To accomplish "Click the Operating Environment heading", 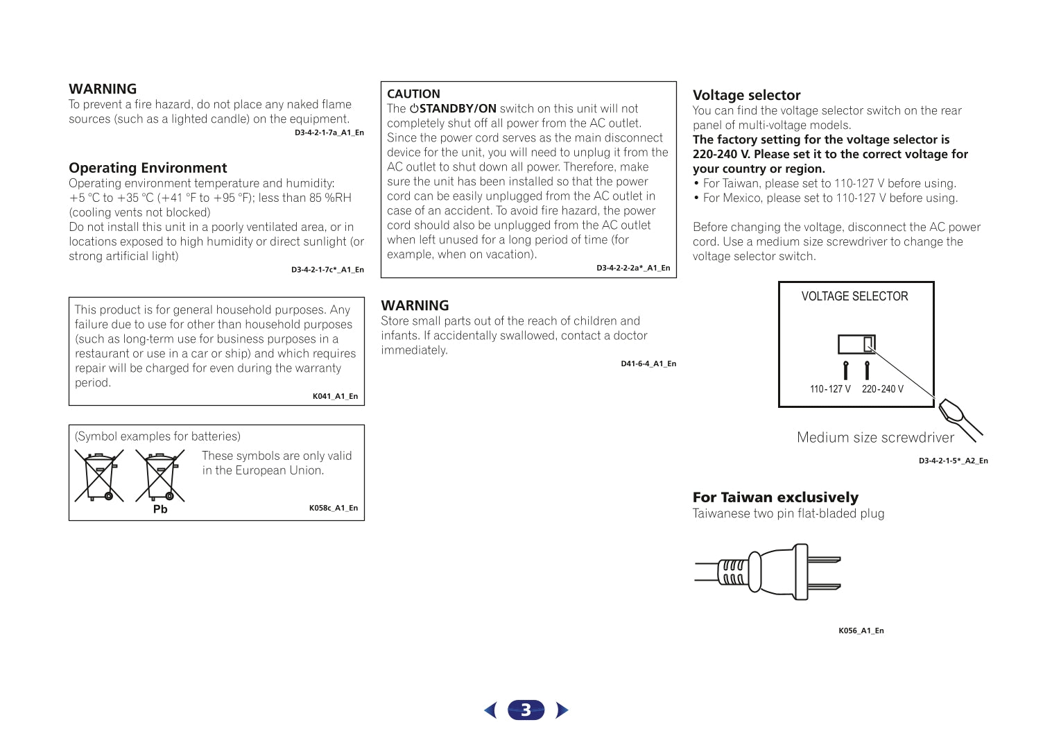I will point(148,168).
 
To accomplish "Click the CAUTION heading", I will point(413,94).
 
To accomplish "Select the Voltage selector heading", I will point(746,95).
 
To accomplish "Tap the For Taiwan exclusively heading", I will point(775,497).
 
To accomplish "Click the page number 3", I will point(526,710).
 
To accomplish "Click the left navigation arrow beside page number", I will point(491,710).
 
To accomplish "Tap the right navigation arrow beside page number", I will point(562,710).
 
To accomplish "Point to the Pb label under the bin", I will point(160,509).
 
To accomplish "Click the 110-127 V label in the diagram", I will point(830,389).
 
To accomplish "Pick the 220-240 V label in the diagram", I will point(883,389).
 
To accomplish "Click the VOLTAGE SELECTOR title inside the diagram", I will point(854,296).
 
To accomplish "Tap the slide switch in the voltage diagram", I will point(856,344).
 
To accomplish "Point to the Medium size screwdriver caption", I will point(875,438).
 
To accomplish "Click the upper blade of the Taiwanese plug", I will point(825,559).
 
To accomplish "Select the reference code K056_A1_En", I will point(861,631).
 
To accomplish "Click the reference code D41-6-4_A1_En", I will point(648,363).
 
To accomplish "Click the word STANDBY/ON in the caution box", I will point(458,108).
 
